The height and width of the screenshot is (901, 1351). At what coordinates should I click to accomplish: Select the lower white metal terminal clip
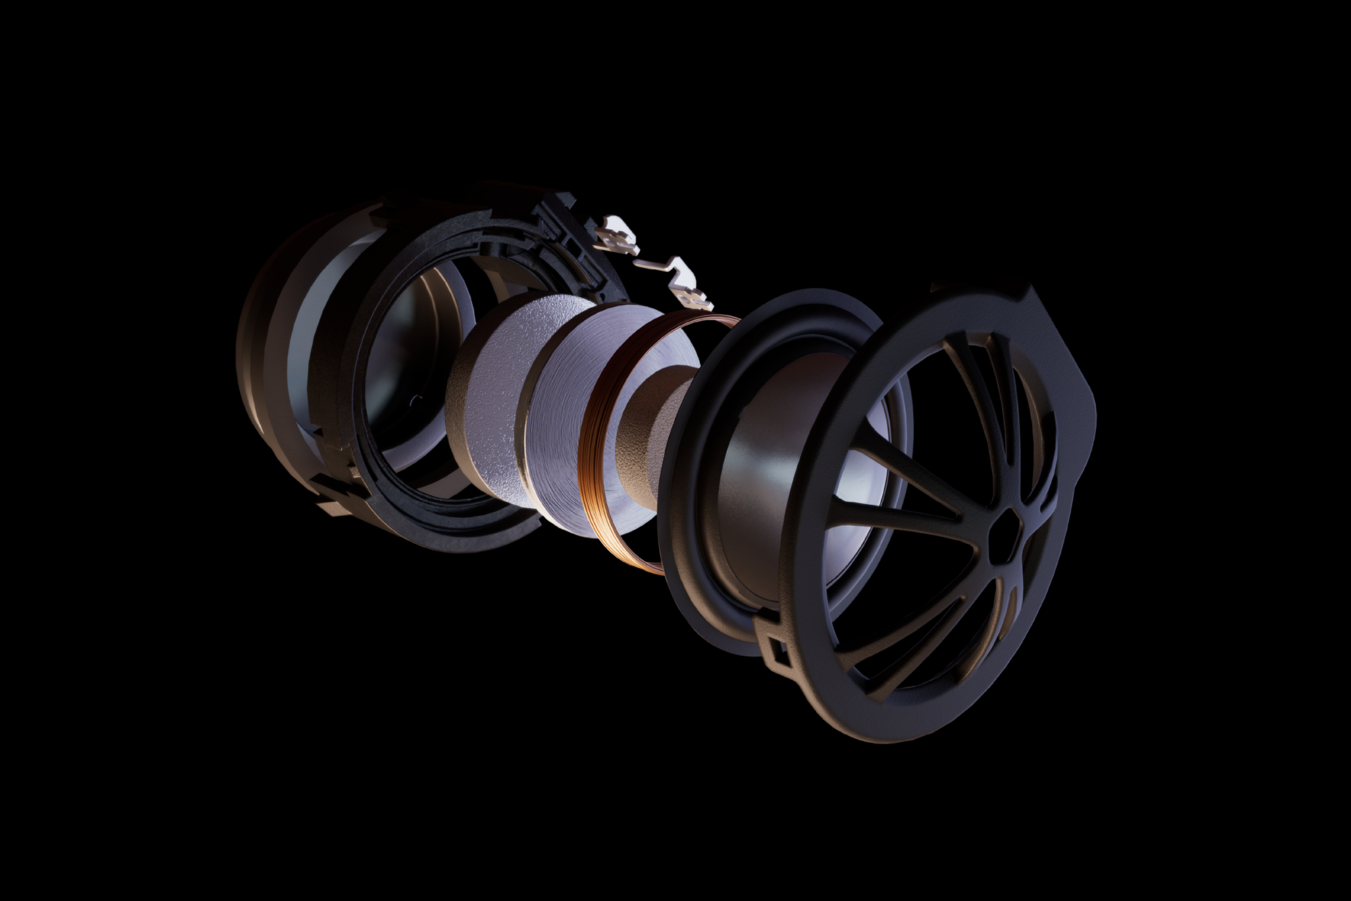pyautogui.click(x=689, y=287)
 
